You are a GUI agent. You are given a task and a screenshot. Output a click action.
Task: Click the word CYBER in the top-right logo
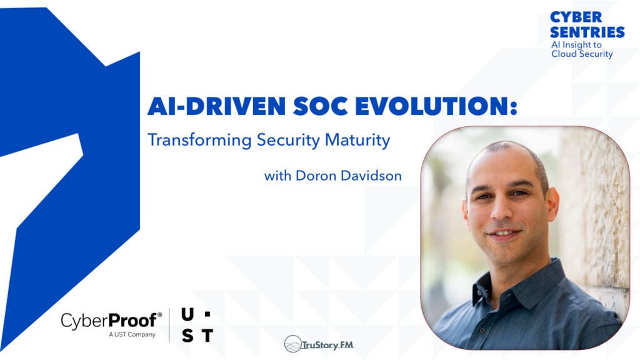click(576, 17)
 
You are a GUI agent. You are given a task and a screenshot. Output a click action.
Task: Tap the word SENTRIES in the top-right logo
click(587, 32)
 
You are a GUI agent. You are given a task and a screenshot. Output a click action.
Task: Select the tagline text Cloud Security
click(582, 54)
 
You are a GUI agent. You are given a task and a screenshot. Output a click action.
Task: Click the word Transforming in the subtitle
click(199, 141)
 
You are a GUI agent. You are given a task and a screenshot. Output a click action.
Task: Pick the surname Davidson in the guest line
click(371, 176)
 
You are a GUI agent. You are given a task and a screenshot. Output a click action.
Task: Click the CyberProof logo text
click(111, 321)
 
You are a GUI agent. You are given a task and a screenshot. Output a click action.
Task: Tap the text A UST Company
click(130, 335)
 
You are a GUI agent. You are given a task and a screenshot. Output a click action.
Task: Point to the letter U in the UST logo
click(187, 314)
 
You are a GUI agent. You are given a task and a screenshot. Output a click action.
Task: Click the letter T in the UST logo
click(206, 336)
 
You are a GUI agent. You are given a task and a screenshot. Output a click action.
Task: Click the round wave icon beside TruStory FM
click(293, 344)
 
